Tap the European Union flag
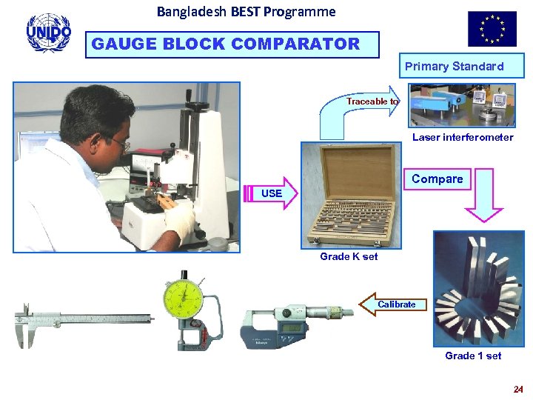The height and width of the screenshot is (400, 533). (x=492, y=29)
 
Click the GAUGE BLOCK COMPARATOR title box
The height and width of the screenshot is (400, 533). (x=232, y=44)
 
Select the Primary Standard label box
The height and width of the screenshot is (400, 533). (x=454, y=67)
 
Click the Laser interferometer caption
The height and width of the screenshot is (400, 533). (x=462, y=137)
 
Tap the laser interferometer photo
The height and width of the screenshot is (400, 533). (x=462, y=104)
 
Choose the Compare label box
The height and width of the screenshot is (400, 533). (x=437, y=179)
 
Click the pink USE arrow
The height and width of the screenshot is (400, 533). (x=271, y=193)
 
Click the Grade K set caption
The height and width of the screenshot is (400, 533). (x=349, y=256)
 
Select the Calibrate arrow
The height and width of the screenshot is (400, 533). (x=393, y=304)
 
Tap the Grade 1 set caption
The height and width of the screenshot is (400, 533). (x=473, y=356)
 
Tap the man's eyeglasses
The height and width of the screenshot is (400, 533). (x=121, y=143)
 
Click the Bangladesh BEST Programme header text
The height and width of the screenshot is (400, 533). (x=246, y=12)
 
